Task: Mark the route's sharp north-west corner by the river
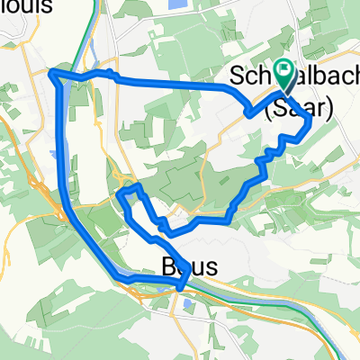click(x=50, y=72)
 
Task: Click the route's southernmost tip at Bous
click(x=182, y=287)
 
